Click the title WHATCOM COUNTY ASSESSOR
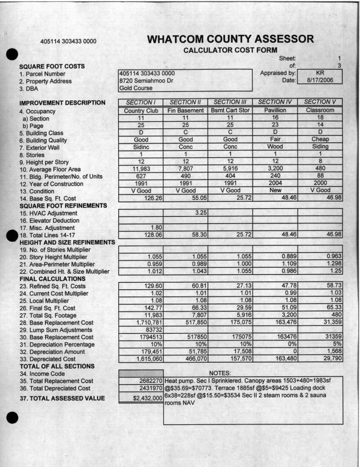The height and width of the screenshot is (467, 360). [x=230, y=40]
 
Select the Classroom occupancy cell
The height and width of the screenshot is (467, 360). [x=321, y=110]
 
